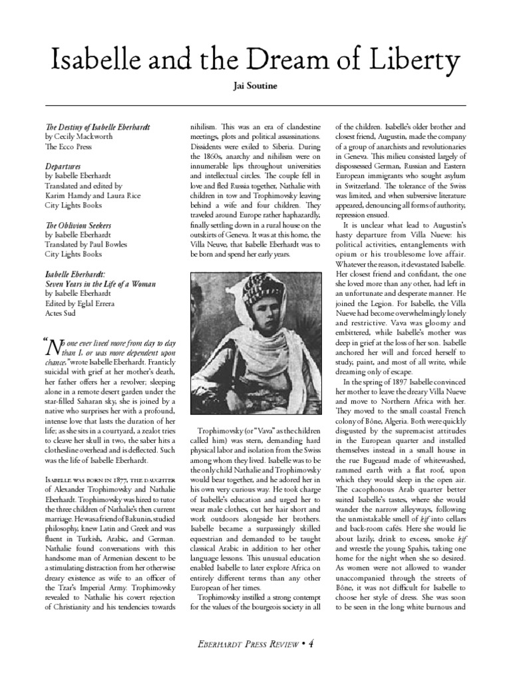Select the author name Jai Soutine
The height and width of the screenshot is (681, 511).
(255, 87)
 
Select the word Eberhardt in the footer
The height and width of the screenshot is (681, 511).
(218, 644)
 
